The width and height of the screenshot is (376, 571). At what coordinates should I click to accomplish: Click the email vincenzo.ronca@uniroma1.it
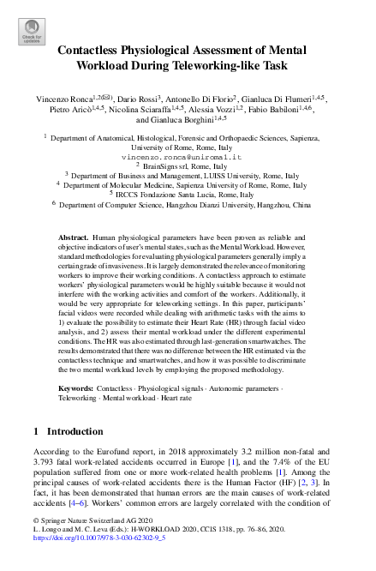pos(188,157)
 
